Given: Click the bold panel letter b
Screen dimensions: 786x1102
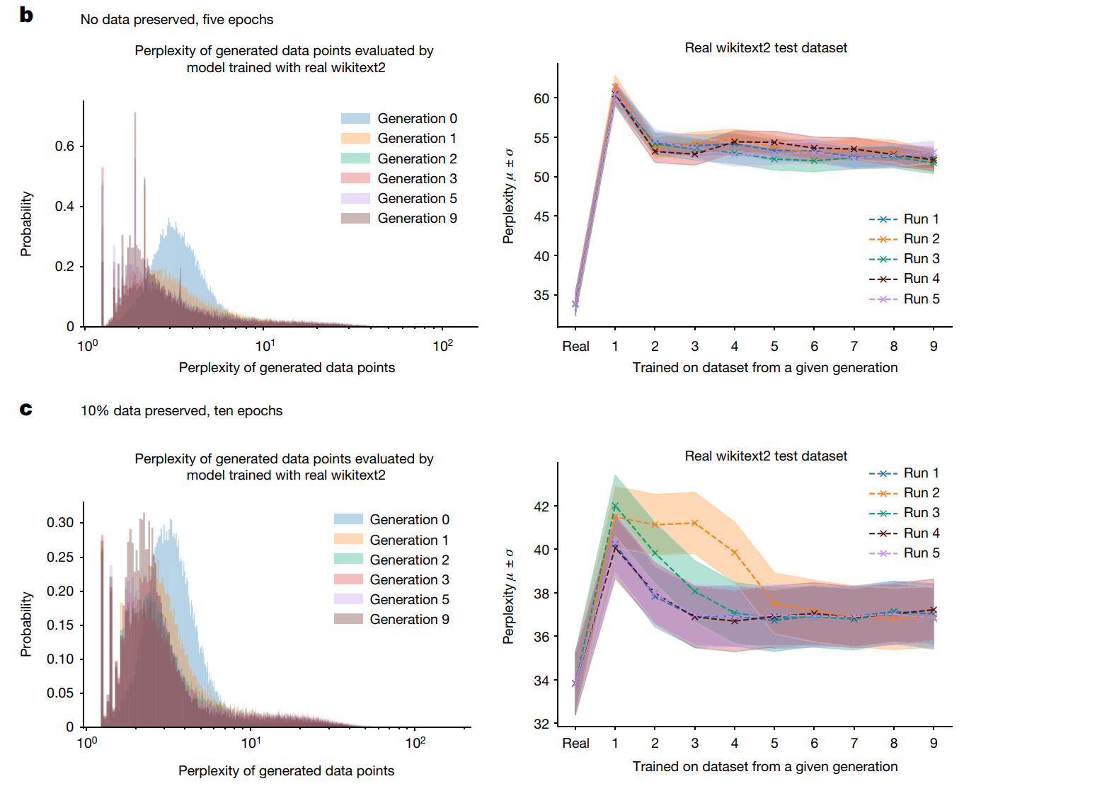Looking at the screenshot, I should (x=26, y=15).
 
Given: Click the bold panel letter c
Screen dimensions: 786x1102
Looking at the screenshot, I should (x=26, y=409).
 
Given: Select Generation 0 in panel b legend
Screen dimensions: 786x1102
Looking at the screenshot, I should (x=417, y=118).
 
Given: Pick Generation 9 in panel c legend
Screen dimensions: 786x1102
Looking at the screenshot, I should (x=409, y=619).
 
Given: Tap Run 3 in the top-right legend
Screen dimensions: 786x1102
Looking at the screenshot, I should (x=922, y=258).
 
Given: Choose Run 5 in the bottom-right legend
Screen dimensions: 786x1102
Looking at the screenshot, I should (x=922, y=553).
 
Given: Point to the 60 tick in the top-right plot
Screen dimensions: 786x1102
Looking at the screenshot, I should (x=541, y=98).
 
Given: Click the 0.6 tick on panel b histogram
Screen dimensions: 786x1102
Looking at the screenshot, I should (x=64, y=146).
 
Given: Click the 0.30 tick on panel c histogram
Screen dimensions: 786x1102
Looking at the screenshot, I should (x=60, y=522).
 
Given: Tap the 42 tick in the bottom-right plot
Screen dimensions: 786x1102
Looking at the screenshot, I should (x=541, y=507).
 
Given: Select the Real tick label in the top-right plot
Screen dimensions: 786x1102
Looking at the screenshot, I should (x=575, y=346).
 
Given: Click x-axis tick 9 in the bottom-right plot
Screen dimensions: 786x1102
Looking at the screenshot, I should (x=934, y=743).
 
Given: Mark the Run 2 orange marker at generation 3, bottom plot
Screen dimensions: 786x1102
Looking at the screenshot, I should (x=695, y=523).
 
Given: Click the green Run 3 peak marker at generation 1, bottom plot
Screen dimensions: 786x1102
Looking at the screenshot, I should (x=615, y=507).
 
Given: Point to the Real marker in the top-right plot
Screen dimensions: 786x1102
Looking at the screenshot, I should (x=575, y=304).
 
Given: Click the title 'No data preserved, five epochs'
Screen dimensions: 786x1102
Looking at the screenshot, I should (x=177, y=19).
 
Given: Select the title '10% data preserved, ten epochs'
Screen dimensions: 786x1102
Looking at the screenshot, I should (x=181, y=410).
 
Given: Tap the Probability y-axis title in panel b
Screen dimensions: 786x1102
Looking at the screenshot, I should (x=26, y=224).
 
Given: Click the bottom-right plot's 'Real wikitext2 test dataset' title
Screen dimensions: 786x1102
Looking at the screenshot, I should (x=766, y=456).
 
